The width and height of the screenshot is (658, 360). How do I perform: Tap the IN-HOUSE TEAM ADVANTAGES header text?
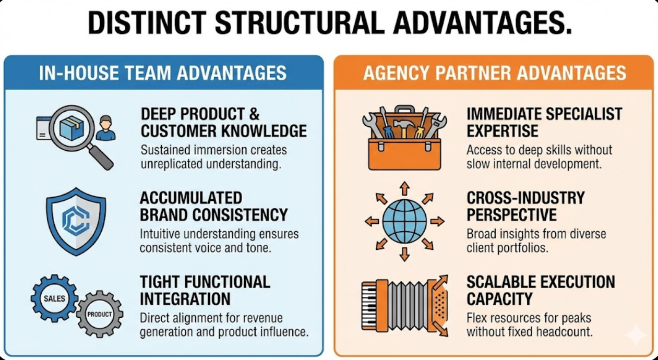pyautogui.click(x=163, y=73)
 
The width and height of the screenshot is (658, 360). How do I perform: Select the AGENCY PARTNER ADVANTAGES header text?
pyautogui.click(x=495, y=73)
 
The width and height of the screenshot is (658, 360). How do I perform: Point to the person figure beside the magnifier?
pyautogui.click(x=106, y=128)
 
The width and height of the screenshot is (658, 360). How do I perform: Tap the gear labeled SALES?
pyautogui.click(x=54, y=298)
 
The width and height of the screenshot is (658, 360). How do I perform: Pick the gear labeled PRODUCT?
pyautogui.click(x=99, y=314)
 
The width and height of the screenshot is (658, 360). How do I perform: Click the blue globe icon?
pyautogui.click(x=404, y=221)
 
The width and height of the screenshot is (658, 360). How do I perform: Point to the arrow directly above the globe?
pyautogui.click(x=404, y=188)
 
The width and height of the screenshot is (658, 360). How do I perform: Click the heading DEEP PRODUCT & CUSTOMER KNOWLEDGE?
pyautogui.click(x=223, y=123)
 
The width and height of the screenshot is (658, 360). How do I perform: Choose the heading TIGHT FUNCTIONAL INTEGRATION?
pyautogui.click(x=205, y=291)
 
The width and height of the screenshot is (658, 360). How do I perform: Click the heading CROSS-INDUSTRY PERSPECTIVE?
pyautogui.click(x=525, y=207)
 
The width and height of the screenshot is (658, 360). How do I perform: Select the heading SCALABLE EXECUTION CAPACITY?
pyautogui.click(x=541, y=291)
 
